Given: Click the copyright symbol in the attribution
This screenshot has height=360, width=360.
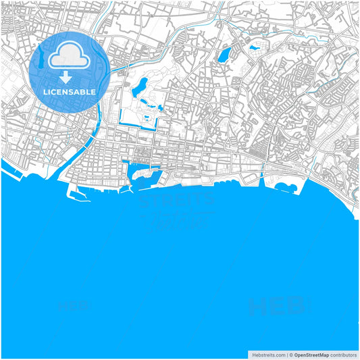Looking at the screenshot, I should [x=291, y=354].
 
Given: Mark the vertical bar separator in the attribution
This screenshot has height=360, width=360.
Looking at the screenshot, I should [x=286, y=354].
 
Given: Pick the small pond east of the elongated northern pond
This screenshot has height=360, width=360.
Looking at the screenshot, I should [x=254, y=48].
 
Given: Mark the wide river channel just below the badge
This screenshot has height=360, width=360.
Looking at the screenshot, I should [x=93, y=125].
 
